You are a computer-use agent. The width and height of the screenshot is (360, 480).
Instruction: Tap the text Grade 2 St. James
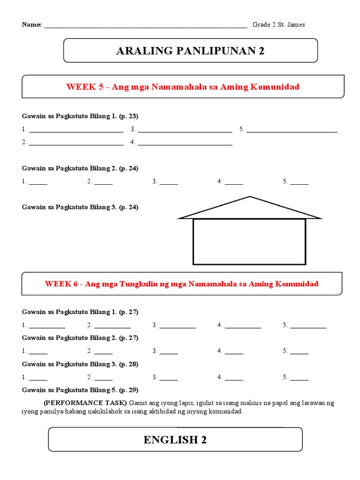(278, 25)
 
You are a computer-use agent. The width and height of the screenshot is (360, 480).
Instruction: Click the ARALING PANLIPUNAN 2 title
(190, 51)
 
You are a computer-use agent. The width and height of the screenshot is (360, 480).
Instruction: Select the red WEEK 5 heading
(183, 87)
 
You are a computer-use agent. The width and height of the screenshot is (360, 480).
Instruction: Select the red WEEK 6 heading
(181, 284)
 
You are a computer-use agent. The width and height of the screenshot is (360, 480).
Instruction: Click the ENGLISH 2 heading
(175, 440)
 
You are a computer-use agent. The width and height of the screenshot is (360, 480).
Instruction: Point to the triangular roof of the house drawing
(250, 209)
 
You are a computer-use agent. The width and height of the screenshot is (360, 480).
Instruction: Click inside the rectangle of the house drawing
(249, 241)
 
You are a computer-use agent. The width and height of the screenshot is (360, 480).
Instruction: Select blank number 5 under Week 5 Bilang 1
(292, 130)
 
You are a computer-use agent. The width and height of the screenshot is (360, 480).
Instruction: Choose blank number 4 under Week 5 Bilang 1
(185, 143)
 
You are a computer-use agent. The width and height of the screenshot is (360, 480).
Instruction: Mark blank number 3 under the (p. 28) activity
(168, 377)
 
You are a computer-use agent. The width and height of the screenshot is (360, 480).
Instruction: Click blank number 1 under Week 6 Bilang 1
(47, 325)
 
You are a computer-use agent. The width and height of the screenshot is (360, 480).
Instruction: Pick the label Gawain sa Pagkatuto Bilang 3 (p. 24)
(80, 207)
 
